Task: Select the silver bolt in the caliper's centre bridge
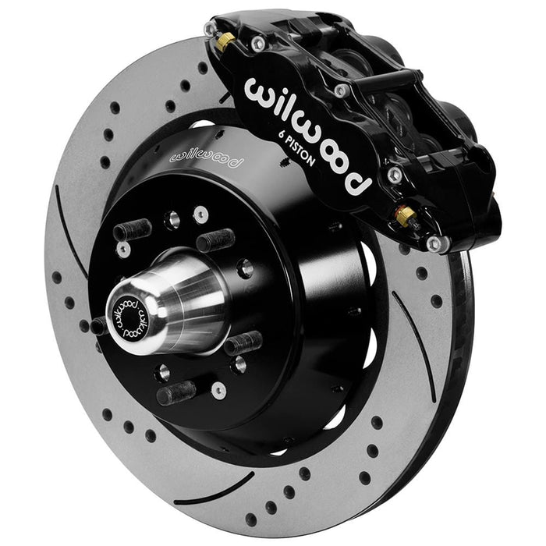(x=340, y=91)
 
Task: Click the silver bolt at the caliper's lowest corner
(x=434, y=243)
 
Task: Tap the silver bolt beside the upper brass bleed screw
(x=257, y=45)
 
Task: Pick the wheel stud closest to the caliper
(x=216, y=239)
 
